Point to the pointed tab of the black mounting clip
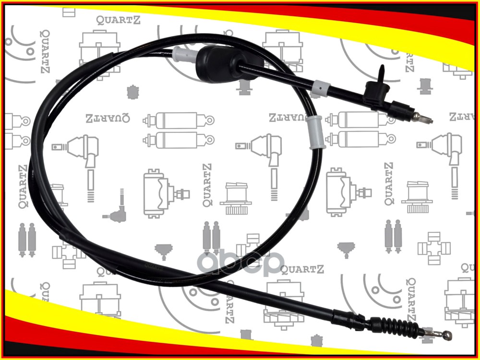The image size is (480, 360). [x=381, y=72]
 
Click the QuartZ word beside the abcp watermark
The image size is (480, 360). [x=303, y=269]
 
